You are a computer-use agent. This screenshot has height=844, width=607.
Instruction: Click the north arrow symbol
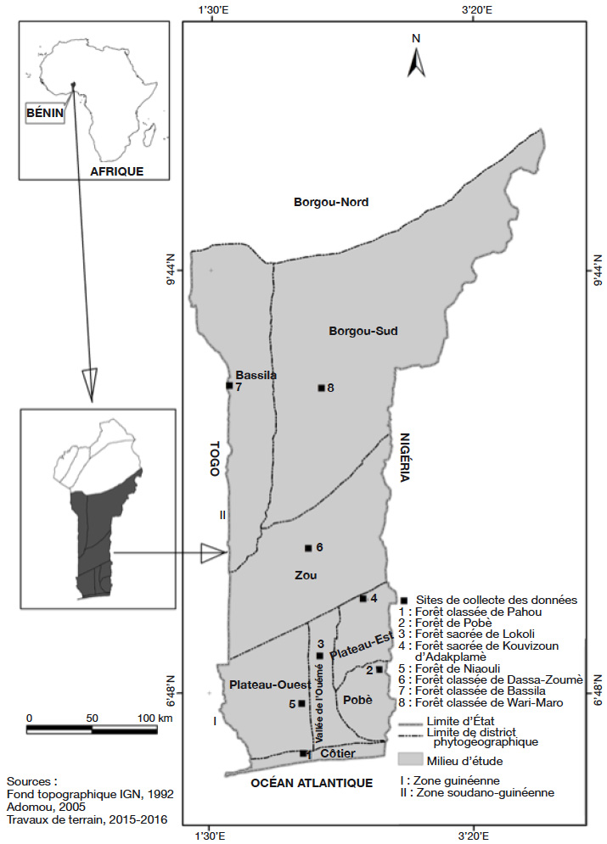(416, 62)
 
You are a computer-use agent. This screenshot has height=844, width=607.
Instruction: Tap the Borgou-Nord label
(331, 203)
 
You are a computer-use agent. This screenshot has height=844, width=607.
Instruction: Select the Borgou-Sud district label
(363, 331)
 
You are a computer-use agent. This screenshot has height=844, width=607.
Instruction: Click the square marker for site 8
(322, 388)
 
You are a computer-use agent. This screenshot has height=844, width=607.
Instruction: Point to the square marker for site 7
(229, 385)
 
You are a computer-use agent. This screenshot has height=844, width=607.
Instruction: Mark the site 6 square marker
(308, 548)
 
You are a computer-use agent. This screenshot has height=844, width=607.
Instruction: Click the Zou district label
(306, 575)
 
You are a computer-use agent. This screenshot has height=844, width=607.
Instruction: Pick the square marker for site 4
(363, 598)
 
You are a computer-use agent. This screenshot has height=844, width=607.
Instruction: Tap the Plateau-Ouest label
(270, 685)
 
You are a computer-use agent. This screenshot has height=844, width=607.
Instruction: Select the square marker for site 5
(301, 703)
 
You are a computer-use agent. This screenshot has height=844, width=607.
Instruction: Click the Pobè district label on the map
(357, 700)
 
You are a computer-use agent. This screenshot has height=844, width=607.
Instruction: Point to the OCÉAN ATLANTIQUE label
(312, 783)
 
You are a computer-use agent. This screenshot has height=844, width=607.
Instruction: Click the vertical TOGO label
(215, 459)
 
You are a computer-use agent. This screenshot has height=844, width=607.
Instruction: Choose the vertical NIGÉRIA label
(404, 457)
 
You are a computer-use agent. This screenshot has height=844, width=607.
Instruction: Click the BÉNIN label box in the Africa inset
(45, 114)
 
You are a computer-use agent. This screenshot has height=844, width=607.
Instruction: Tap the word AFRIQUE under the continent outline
(116, 171)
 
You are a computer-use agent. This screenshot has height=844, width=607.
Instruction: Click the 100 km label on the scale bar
(155, 718)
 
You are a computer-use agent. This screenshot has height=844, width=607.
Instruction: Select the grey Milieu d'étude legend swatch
(409, 759)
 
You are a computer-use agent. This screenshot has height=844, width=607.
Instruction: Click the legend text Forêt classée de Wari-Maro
(489, 702)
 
